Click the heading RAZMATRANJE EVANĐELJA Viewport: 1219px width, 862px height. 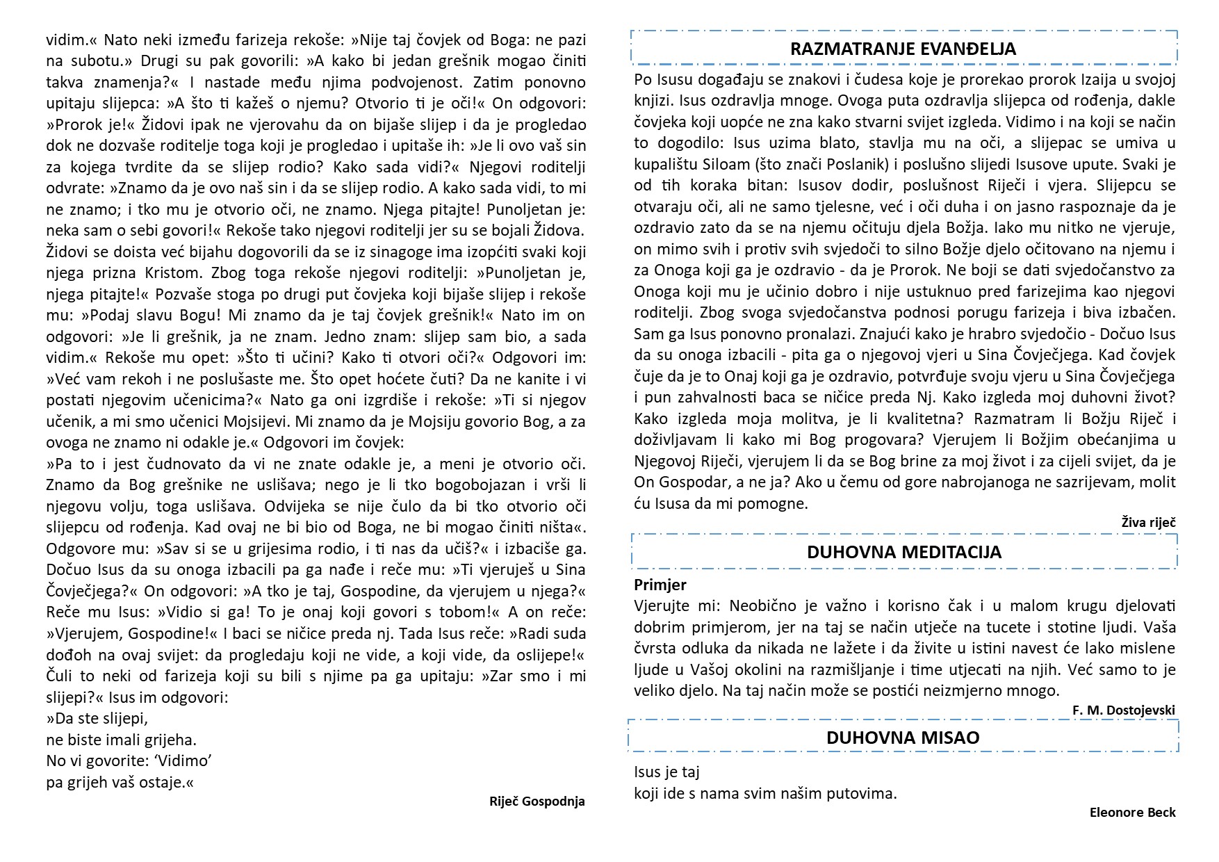pyautogui.click(x=903, y=49)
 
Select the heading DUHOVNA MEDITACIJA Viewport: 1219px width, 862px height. pyautogui.click(x=903, y=552)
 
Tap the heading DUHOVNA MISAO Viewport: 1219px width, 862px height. pyautogui.click(x=903, y=738)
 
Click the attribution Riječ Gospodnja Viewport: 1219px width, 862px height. pyautogui.click(x=537, y=801)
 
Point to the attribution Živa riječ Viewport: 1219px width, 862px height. pyautogui.click(x=1148, y=522)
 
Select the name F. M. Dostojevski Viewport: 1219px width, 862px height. pyautogui.click(x=1124, y=710)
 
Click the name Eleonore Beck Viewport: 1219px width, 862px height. pyautogui.click(x=1132, y=812)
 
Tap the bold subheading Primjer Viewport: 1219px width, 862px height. pyautogui.click(x=660, y=585)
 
